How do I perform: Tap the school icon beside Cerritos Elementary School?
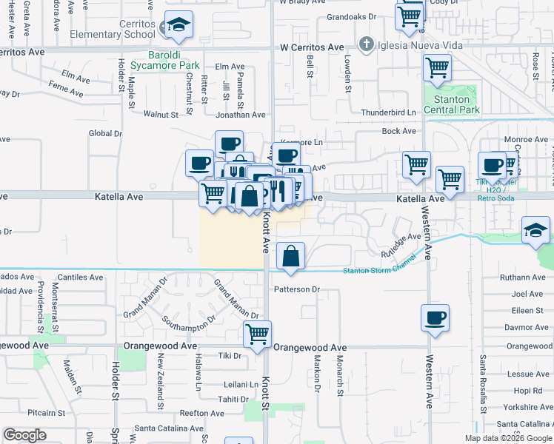point(178,27)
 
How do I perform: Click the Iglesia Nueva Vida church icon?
point(364,45)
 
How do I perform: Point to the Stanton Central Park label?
point(452,104)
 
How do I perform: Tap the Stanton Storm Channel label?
point(379,270)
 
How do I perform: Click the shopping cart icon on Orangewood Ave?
point(257,334)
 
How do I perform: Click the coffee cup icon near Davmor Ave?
point(435,318)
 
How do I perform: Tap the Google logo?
point(24,435)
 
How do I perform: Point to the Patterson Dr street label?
point(296,289)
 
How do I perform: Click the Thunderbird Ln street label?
point(388,112)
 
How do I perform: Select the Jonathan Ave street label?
point(240,115)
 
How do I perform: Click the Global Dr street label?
point(105,133)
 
